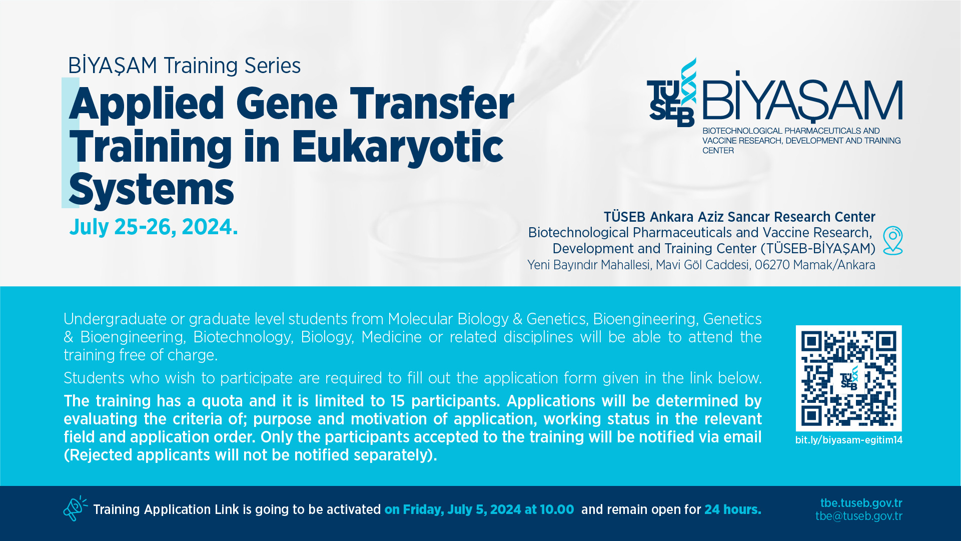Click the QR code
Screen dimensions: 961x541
[848, 378]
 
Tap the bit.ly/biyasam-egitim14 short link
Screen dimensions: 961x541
[849, 440]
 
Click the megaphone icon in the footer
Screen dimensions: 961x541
[75, 508]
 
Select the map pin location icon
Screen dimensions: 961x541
[893, 241]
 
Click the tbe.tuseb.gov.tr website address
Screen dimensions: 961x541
[861, 503]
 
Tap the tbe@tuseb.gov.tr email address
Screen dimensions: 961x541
[859, 516]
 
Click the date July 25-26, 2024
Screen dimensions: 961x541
[154, 227]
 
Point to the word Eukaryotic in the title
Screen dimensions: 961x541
[397, 147]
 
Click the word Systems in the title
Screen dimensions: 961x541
[152, 190]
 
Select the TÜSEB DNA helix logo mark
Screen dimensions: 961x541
[671, 94]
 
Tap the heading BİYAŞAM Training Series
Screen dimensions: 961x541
[184, 66]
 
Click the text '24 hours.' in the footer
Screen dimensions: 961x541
[733, 509]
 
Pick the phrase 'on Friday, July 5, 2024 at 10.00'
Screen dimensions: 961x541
[479, 509]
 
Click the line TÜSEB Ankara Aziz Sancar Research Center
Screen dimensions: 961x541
[739, 217]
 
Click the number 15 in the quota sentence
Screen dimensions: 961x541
[398, 401]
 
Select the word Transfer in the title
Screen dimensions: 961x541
[432, 104]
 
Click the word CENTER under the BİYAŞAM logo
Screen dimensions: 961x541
[718, 151]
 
